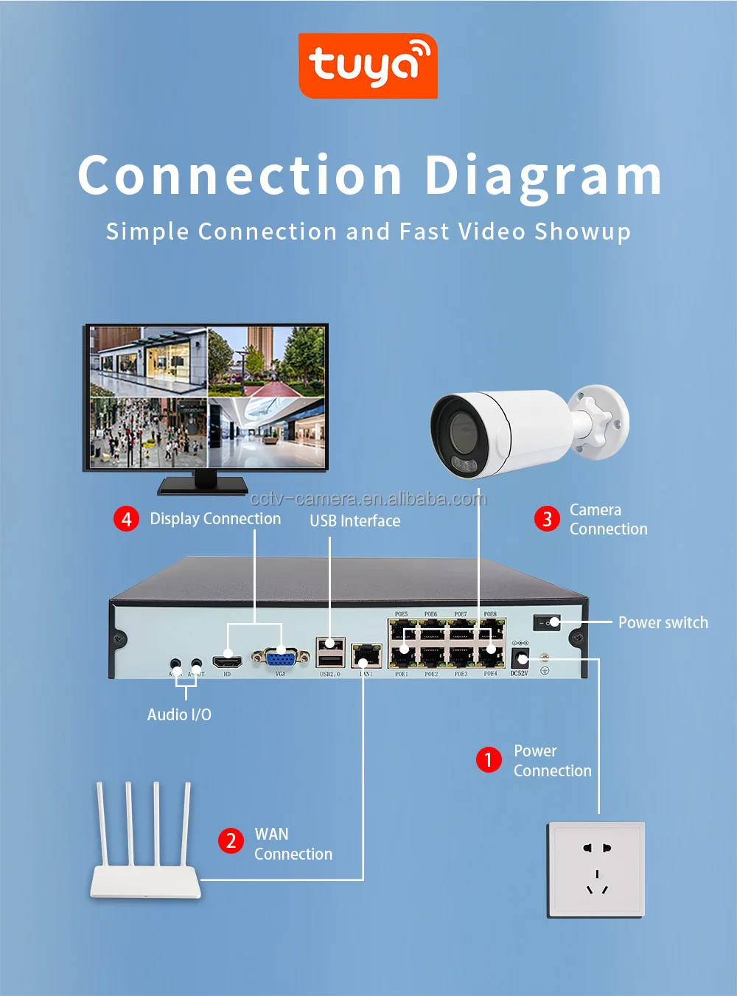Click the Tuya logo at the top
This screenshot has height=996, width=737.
368,66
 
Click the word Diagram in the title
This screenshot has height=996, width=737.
543,177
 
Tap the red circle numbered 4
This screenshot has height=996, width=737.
126,519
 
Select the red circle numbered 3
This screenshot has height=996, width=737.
547,519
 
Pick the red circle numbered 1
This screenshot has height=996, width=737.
489,759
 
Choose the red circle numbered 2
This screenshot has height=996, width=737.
231,840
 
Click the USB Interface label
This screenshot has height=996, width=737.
354,521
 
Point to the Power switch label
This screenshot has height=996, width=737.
663,623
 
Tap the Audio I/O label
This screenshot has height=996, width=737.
179,715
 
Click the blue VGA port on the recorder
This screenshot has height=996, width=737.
280,657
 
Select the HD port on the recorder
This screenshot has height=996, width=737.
228,660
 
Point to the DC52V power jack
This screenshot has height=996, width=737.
520,658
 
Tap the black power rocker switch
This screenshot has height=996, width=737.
547,622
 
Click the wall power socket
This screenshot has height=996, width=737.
595,870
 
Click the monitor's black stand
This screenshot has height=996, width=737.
204,483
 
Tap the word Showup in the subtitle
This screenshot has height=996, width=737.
582,232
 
